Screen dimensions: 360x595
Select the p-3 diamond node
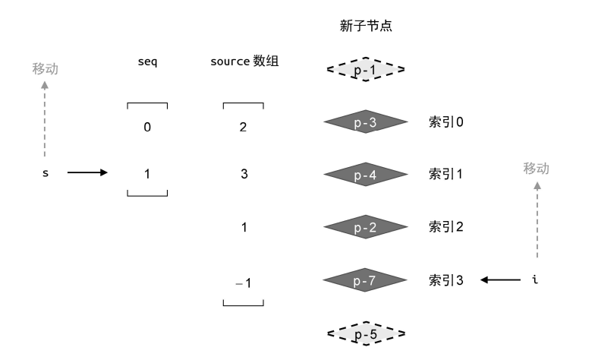(366, 123)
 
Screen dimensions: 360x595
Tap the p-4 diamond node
(366, 175)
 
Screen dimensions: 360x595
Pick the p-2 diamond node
(366, 227)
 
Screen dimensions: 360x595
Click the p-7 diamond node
(366, 280)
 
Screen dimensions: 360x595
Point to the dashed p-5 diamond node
(366, 333)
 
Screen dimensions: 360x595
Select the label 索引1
(446, 175)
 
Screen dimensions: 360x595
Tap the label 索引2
(446, 227)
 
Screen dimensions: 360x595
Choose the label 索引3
(446, 280)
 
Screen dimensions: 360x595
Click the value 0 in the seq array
(147, 127)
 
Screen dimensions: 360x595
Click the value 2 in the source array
(243, 127)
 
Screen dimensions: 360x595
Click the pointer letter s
(45, 173)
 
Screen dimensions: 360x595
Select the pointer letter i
(536, 280)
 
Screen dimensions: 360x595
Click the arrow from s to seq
(87, 172)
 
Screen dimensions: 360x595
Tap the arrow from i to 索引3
(500, 280)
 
